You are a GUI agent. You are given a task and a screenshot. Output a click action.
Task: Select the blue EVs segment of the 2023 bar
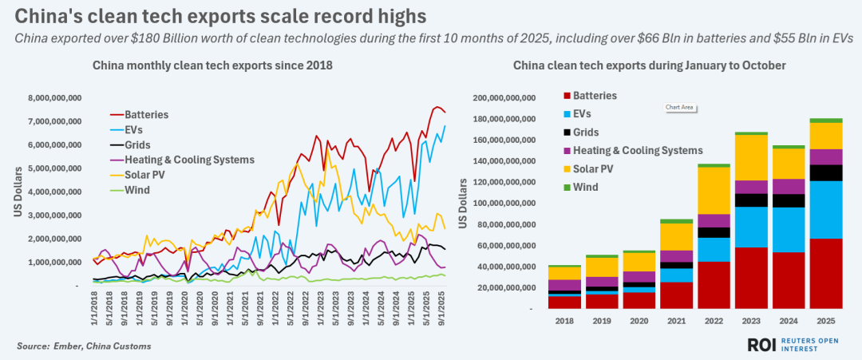(751, 227)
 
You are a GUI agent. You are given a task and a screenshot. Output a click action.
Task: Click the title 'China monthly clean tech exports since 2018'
(212, 65)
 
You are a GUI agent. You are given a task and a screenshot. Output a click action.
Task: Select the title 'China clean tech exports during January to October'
(650, 65)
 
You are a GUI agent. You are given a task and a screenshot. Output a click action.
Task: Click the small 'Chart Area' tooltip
(678, 107)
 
